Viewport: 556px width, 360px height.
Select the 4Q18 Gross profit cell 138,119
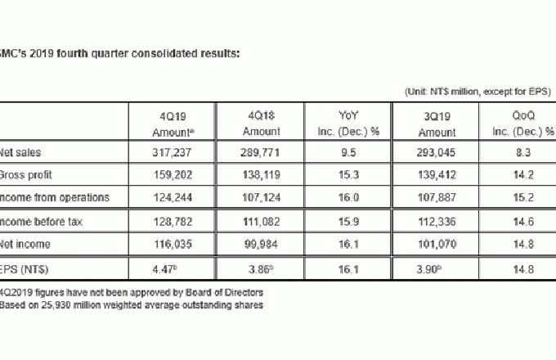coord(261,174)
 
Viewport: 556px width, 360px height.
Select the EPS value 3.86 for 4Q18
coord(260,267)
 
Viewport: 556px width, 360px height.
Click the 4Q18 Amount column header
coord(262,124)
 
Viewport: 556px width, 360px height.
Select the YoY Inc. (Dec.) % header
coord(349,124)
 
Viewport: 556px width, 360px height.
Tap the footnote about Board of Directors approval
coord(131,290)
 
